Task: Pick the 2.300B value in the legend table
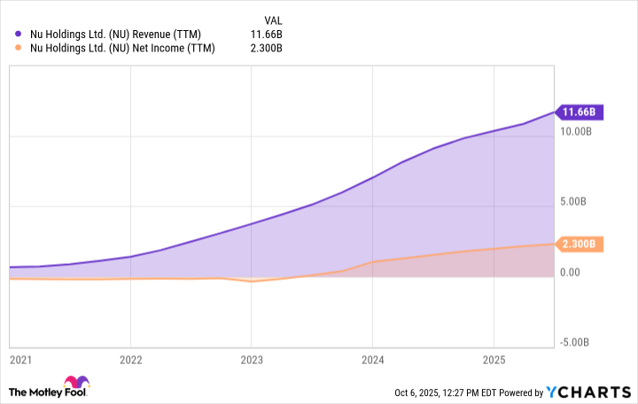point(264,48)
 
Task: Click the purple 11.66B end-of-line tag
point(580,113)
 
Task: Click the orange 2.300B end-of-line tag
point(580,244)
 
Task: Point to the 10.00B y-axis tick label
point(577,132)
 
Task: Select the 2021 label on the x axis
point(19,361)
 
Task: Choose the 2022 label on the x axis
point(130,361)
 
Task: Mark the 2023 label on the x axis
point(251,361)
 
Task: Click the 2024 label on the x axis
point(372,361)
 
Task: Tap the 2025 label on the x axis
point(494,361)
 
